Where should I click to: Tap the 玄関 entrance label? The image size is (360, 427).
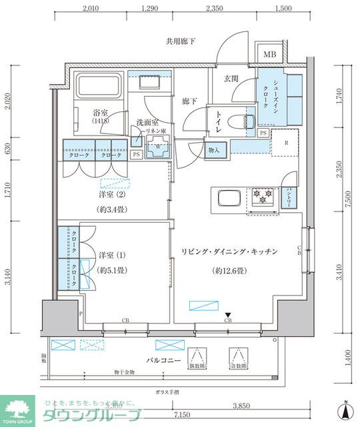[x=231, y=79]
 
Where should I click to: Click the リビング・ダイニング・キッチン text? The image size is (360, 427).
[x=229, y=252]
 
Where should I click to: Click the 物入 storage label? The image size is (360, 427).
[x=215, y=150]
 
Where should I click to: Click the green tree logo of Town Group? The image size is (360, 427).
[x=19, y=407]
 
